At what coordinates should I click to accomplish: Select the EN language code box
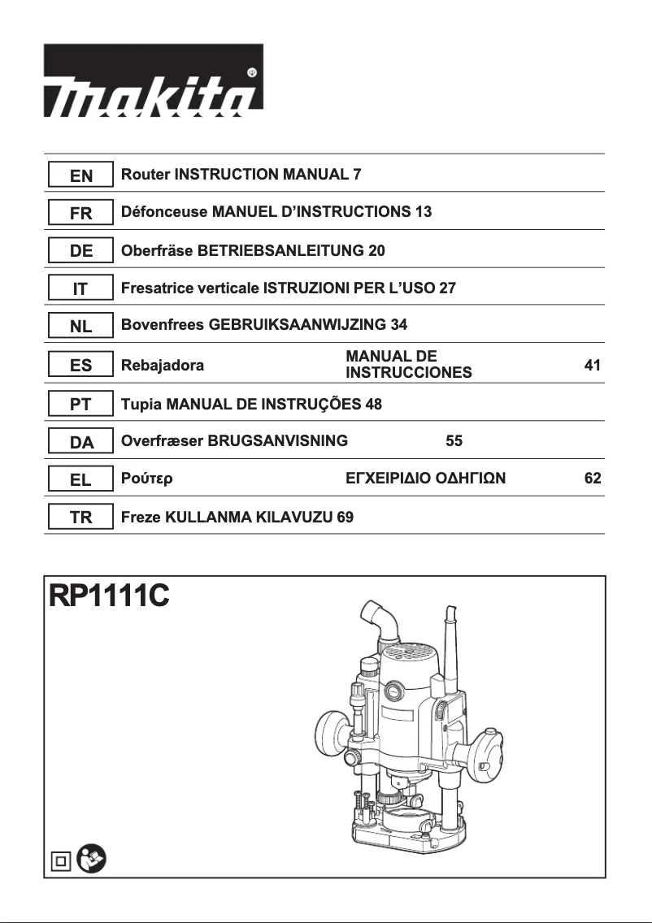click(x=80, y=175)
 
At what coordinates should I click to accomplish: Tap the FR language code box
click(x=80, y=213)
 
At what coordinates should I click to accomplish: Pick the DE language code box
click(x=80, y=251)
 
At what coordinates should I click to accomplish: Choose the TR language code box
click(x=80, y=518)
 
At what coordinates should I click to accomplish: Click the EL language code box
click(x=80, y=479)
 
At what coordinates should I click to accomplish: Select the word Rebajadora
click(x=162, y=366)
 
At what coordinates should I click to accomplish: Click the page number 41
click(x=593, y=366)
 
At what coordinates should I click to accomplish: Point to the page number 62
click(x=593, y=479)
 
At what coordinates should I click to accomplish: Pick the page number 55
click(x=454, y=441)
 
